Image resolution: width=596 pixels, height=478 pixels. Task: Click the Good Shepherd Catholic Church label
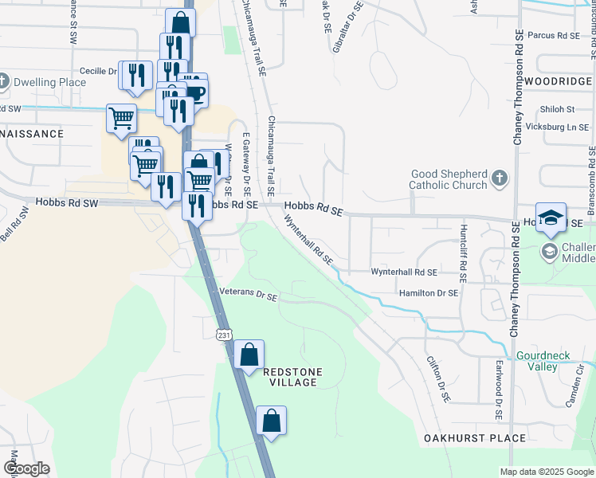449,180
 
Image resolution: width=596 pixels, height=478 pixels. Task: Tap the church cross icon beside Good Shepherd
499,178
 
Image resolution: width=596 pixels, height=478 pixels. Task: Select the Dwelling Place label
50,82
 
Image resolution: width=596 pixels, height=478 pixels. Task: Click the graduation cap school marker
551,217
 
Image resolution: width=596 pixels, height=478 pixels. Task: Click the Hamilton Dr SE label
429,293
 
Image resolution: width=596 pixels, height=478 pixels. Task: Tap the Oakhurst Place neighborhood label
475,438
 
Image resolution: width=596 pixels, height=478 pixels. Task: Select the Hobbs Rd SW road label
66,203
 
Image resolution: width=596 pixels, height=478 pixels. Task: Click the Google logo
26,468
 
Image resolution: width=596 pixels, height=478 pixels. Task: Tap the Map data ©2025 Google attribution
546,472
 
